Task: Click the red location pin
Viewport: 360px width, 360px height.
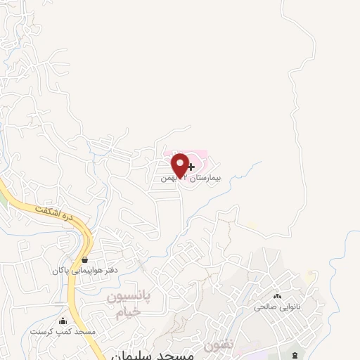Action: click(x=179, y=164)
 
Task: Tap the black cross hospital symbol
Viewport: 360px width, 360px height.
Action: click(x=191, y=166)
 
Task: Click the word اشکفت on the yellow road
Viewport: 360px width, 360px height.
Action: click(x=50, y=210)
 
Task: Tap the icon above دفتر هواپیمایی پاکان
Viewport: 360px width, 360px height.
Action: click(x=84, y=259)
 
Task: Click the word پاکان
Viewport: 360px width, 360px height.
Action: click(x=59, y=270)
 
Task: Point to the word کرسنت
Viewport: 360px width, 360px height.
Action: click(x=41, y=330)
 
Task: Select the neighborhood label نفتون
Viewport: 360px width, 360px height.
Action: click(x=217, y=346)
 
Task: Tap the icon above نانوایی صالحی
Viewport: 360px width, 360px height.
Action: click(x=278, y=297)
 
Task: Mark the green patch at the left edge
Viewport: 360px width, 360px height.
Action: click(x=2, y=200)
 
